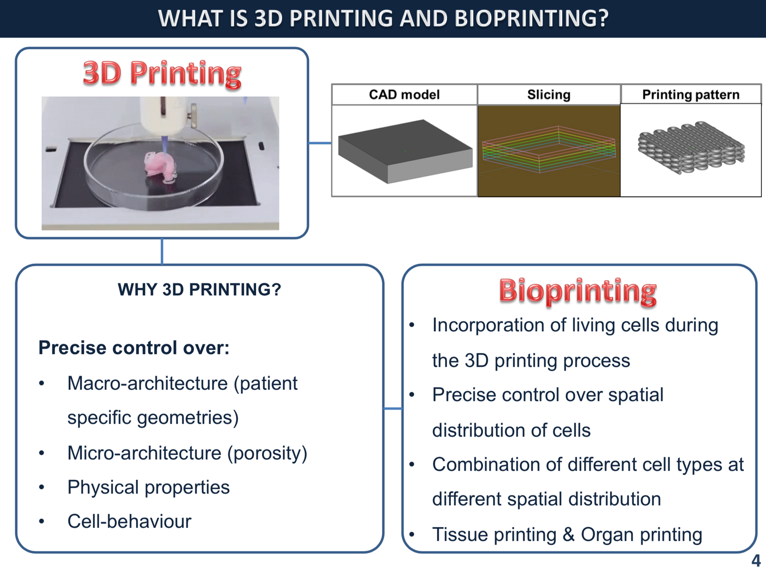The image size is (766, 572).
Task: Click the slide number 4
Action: pyautogui.click(x=755, y=561)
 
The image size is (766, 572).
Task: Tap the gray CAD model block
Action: pyautogui.click(x=405, y=151)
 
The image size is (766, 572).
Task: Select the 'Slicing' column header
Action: pyautogui.click(x=549, y=95)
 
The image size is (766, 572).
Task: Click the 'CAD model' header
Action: pyautogui.click(x=404, y=95)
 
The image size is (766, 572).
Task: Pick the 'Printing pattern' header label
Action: pyautogui.click(x=691, y=95)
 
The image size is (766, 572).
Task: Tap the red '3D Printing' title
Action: pyautogui.click(x=162, y=74)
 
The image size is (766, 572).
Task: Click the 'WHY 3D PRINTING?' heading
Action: pyautogui.click(x=199, y=289)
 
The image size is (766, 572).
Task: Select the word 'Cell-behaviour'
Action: pyautogui.click(x=129, y=521)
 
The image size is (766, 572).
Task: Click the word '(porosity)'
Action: pyautogui.click(x=268, y=453)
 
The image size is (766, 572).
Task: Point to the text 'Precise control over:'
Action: pyautogui.click(x=134, y=348)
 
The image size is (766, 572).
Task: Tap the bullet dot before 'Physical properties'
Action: pyautogui.click(x=42, y=487)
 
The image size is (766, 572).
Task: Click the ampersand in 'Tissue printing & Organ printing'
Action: pyautogui.click(x=568, y=535)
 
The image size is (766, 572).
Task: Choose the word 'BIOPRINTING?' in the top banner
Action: pyautogui.click(x=531, y=18)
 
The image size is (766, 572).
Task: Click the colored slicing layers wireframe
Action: pyautogui.click(x=549, y=149)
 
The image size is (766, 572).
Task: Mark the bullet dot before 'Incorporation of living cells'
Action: pyautogui.click(x=412, y=325)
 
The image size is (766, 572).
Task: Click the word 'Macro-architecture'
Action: pyautogui.click(x=147, y=383)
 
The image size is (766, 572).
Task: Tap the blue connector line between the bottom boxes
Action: pyautogui.click(x=393, y=408)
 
